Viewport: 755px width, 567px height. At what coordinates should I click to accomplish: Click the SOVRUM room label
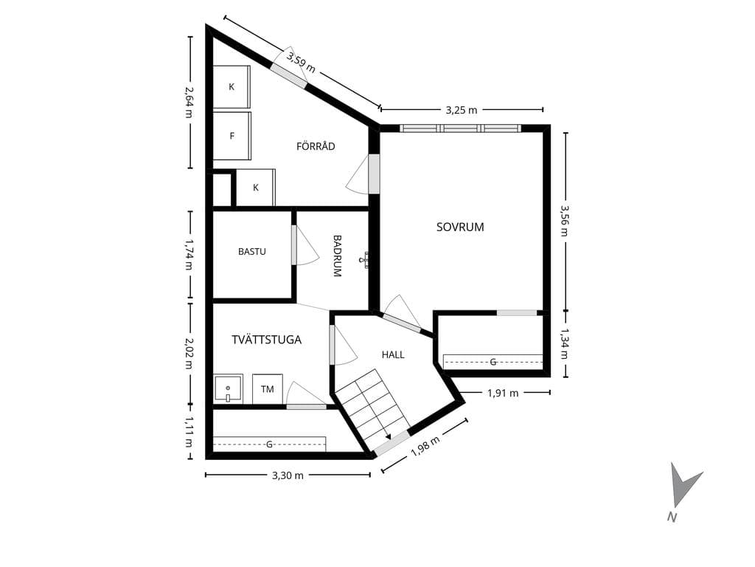(x=460, y=227)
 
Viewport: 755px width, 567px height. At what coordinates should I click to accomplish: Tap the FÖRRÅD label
(x=316, y=146)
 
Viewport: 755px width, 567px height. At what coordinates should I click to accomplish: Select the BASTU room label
(x=252, y=251)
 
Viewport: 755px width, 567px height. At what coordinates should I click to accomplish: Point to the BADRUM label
(x=337, y=255)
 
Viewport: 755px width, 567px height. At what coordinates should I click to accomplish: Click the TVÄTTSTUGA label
(x=266, y=340)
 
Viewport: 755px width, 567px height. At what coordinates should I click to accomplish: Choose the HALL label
(x=393, y=355)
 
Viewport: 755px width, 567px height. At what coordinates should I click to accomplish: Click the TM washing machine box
(x=267, y=388)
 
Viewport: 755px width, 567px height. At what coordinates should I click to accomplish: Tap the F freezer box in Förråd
(x=232, y=136)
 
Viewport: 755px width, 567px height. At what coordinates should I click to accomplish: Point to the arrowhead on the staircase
(x=388, y=436)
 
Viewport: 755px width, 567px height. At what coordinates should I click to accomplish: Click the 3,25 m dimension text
(x=462, y=111)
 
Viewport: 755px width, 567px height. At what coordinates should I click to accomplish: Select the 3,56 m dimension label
(x=564, y=221)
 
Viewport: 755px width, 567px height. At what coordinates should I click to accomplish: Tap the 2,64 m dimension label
(x=189, y=102)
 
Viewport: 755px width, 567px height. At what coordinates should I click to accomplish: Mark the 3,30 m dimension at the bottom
(x=288, y=475)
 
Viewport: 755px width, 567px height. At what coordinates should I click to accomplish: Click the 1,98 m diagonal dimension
(x=425, y=447)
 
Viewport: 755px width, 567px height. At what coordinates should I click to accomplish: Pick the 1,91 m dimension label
(x=503, y=393)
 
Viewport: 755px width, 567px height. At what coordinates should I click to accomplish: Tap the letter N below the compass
(x=672, y=518)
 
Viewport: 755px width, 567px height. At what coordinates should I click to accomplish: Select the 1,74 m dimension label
(x=189, y=255)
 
